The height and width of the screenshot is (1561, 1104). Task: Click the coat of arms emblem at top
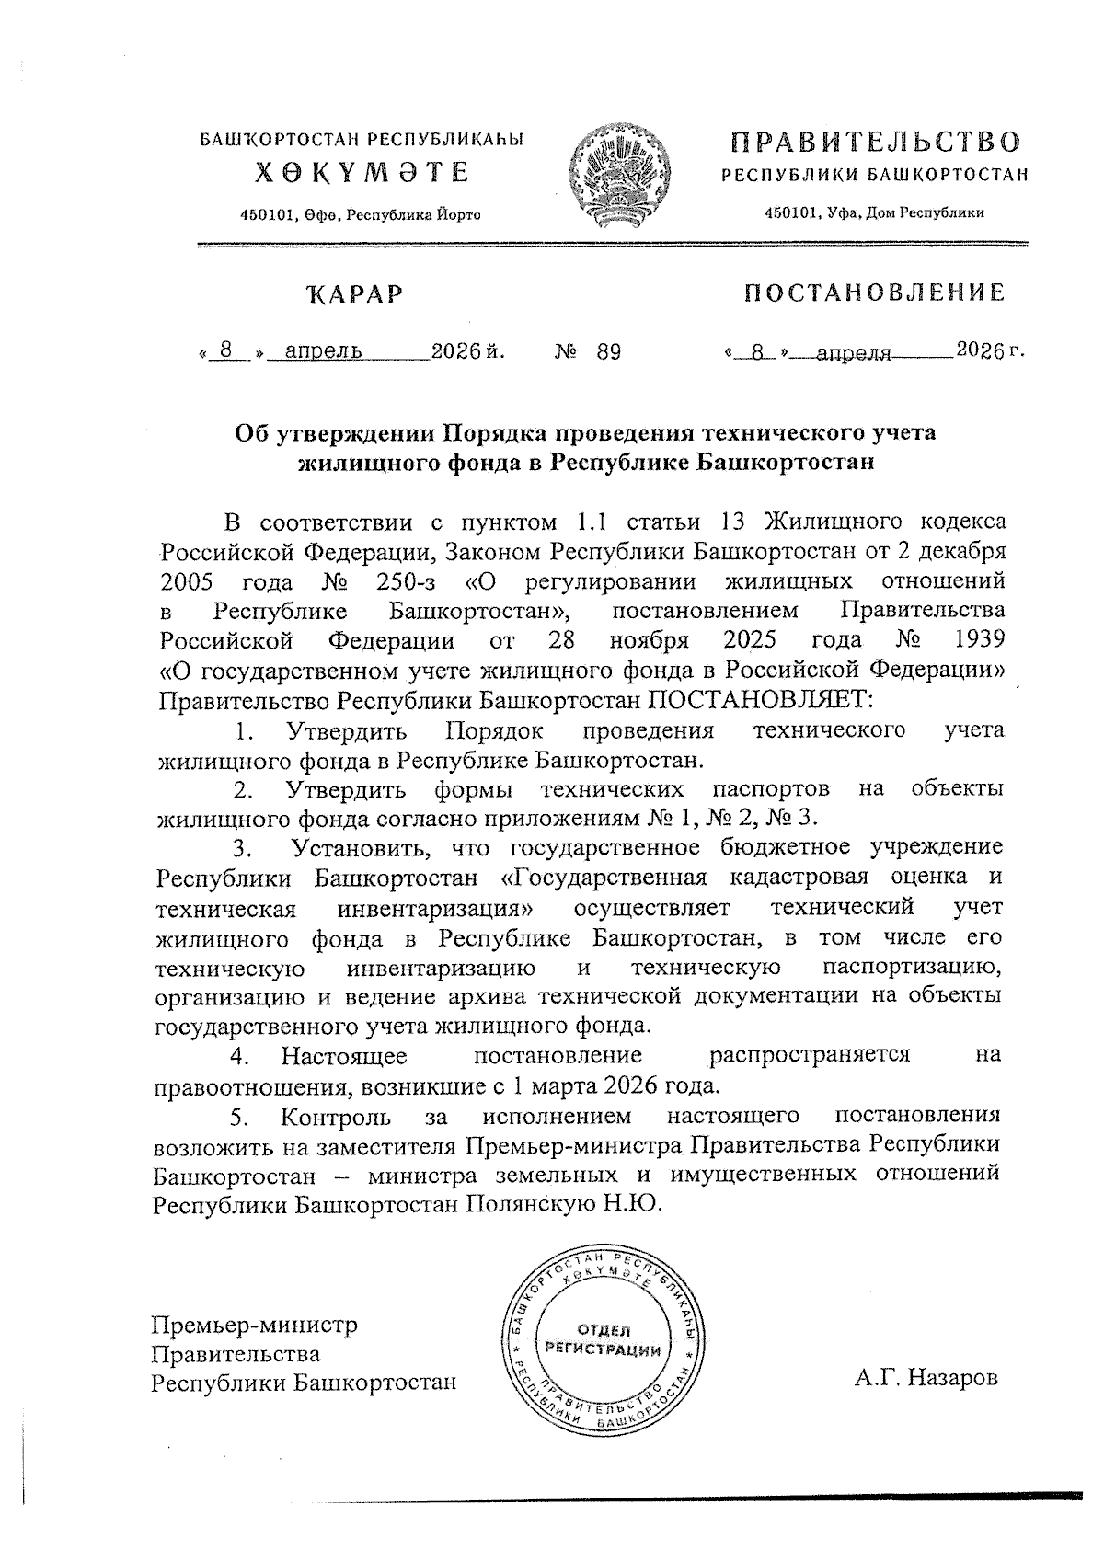(x=615, y=178)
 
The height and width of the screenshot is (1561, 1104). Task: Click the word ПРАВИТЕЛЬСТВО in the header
(x=875, y=143)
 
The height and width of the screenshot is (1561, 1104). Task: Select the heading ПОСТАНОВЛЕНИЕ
(x=874, y=293)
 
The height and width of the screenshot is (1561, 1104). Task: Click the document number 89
(x=608, y=352)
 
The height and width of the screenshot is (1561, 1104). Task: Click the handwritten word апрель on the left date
(x=323, y=351)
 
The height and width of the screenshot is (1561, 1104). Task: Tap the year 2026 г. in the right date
(x=989, y=350)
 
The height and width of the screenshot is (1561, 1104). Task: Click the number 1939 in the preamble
(x=980, y=639)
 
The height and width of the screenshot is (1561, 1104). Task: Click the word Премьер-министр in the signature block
(x=254, y=1326)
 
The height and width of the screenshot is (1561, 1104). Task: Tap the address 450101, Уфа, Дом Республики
(x=875, y=212)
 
